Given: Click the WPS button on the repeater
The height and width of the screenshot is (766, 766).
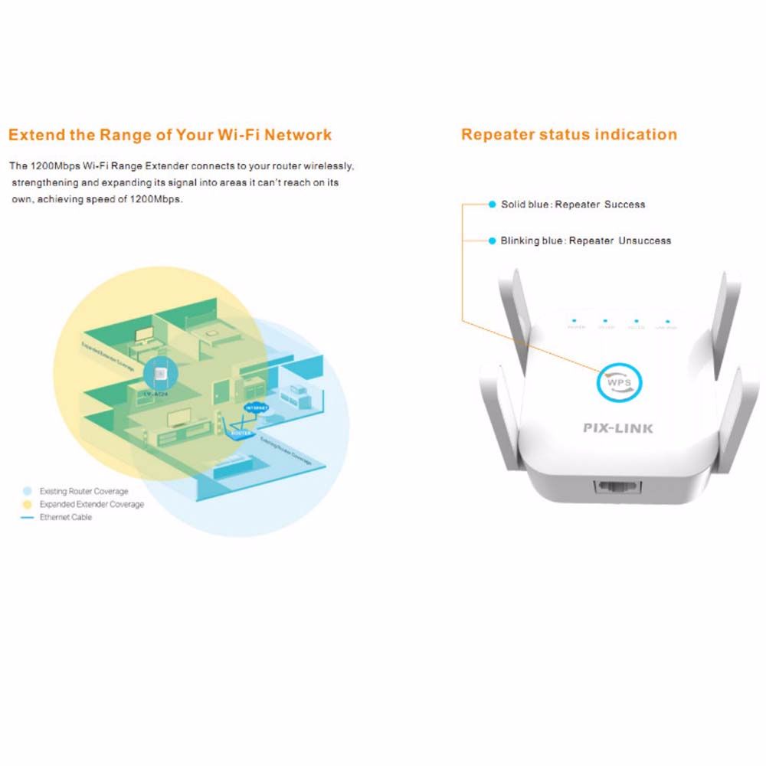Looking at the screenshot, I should tap(618, 382).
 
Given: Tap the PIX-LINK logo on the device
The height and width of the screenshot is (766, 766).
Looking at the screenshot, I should tap(618, 428).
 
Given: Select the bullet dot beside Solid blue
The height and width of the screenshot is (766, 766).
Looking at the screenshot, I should tap(492, 205).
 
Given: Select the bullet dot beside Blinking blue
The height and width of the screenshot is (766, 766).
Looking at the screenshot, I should tap(492, 241).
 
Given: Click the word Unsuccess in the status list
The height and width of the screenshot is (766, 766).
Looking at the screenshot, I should tap(644, 241).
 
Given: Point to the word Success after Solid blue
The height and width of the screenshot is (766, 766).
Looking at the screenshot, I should tap(624, 205).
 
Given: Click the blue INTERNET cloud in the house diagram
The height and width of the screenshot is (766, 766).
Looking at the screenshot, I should tap(255, 409).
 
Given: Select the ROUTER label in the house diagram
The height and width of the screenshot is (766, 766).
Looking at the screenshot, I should tap(238, 433).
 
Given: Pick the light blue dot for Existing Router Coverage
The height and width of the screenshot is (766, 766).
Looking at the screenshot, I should tap(28, 491).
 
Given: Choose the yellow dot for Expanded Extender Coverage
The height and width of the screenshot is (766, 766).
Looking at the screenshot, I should tap(28, 504).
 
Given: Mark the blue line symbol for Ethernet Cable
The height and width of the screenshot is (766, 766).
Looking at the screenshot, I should tap(28, 518).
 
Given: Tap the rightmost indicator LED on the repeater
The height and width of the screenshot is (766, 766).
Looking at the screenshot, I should tap(668, 322).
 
